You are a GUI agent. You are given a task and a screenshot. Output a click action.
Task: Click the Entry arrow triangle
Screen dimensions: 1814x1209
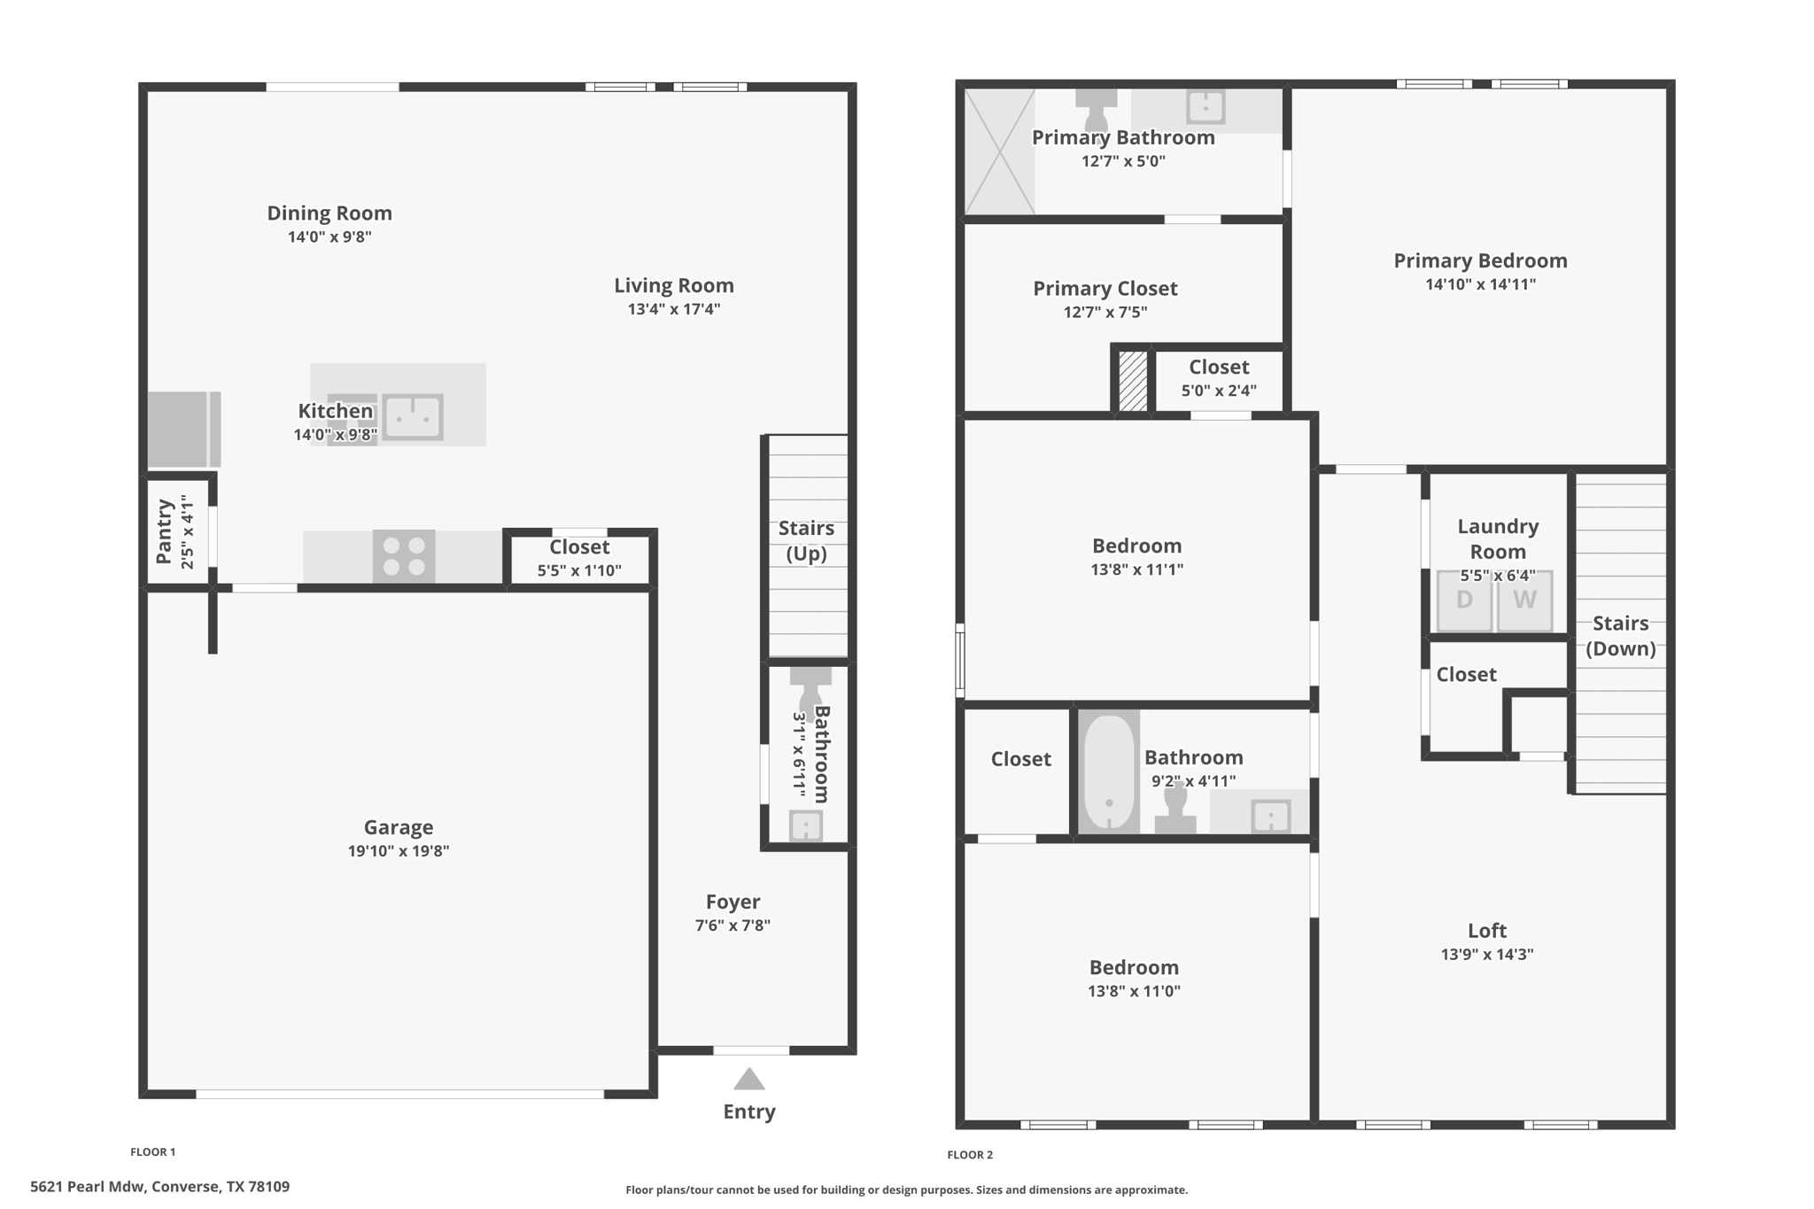point(749,1079)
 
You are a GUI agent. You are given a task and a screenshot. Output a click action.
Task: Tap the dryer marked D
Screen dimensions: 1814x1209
point(1464,601)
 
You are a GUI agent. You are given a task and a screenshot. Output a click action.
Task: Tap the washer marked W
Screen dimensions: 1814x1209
point(1524,601)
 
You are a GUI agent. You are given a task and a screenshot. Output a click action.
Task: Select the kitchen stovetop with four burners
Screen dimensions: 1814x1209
point(404,556)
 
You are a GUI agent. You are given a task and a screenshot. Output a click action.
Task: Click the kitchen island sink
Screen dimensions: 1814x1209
point(413,416)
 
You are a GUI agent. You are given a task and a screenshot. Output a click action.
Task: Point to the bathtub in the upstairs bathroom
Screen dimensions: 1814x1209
point(1109,771)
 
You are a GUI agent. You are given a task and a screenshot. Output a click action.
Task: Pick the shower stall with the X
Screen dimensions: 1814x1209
point(1000,151)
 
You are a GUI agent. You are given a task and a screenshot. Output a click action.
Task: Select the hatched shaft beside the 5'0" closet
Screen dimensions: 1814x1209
point(1133,381)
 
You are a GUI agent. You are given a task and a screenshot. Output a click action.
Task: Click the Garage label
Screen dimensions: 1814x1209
point(399,827)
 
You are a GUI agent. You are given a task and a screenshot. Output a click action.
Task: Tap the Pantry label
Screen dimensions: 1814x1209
point(165,531)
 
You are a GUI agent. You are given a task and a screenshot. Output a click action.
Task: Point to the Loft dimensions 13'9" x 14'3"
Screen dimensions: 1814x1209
point(1487,955)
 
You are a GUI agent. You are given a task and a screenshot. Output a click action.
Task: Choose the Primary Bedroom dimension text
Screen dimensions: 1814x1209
point(1480,284)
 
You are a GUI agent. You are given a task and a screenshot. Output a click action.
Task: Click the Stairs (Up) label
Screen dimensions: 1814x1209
point(806,541)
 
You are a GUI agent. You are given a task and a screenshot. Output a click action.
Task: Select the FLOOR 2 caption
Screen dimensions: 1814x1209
point(970,1154)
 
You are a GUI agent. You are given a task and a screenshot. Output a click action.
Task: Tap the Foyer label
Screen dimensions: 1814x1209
point(733,902)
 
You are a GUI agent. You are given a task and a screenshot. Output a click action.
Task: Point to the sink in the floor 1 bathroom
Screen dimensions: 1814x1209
point(805,826)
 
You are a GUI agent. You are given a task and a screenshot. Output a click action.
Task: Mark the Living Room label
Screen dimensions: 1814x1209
point(674,285)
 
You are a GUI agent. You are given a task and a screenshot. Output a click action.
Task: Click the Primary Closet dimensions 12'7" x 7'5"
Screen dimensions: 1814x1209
point(1105,312)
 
